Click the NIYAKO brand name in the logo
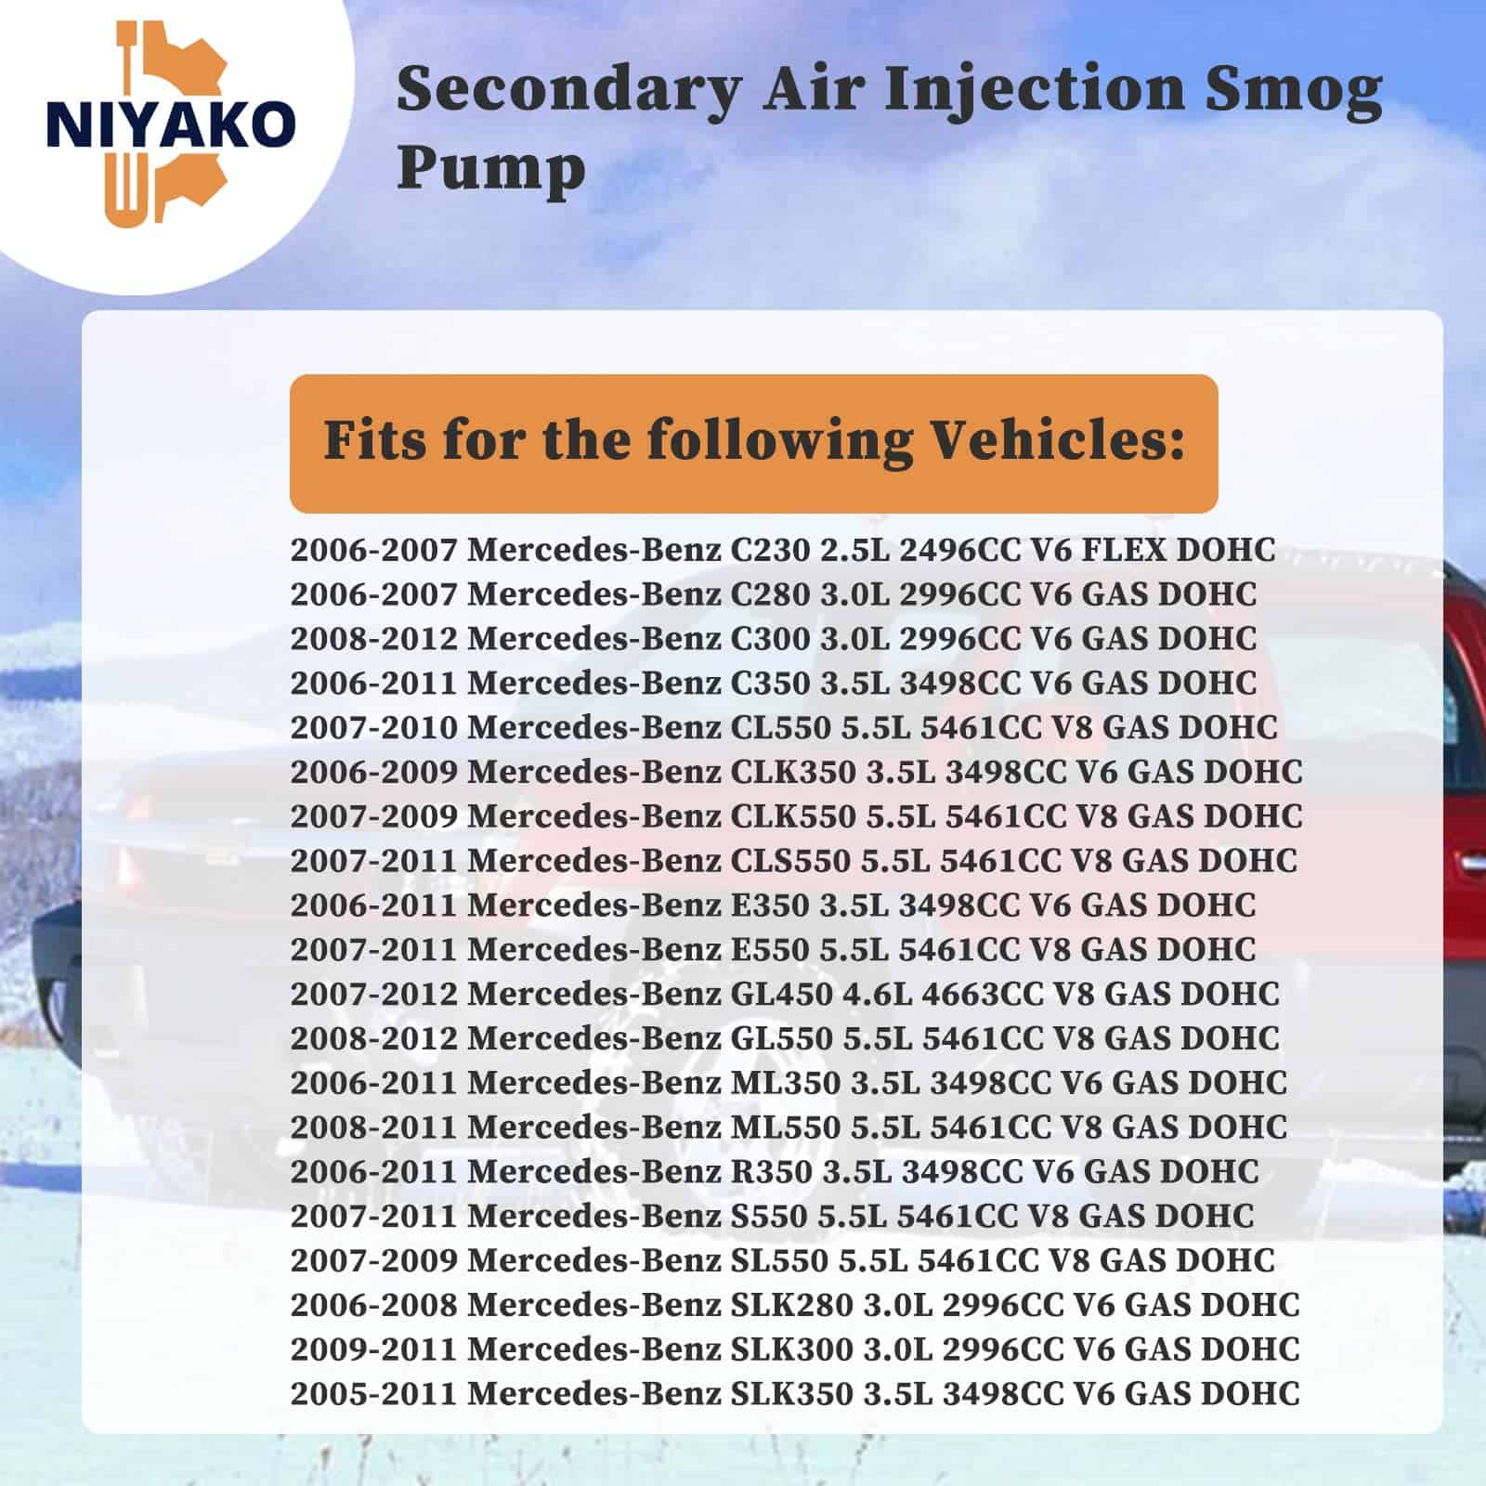(171, 125)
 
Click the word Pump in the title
(491, 169)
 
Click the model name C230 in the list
(771, 550)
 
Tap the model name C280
(771, 594)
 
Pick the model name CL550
(781, 727)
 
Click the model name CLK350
(793, 772)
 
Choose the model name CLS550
(790, 861)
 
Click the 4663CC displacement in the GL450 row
(983, 994)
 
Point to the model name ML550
(786, 1128)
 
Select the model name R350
(772, 1172)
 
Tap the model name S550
(770, 1216)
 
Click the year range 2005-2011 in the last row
(374, 1394)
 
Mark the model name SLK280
(791, 1305)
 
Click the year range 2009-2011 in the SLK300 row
(374, 1349)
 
